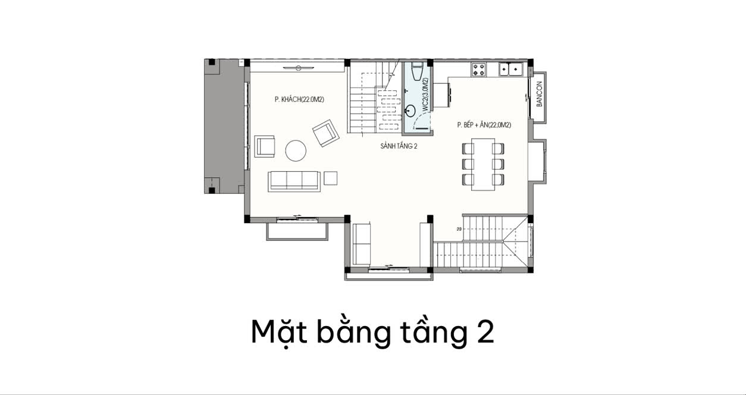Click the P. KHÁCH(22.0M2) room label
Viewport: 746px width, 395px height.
(299, 99)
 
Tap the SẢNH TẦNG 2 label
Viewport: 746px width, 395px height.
(399, 146)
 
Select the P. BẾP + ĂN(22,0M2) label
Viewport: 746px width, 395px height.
(484, 125)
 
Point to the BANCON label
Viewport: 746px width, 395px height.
(539, 94)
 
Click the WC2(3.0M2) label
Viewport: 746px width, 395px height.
(425, 94)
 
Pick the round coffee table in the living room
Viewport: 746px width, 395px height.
(296, 151)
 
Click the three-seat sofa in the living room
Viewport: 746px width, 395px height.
(294, 181)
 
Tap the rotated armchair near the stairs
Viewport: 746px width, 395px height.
(326, 133)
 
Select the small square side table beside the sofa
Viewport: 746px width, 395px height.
(330, 178)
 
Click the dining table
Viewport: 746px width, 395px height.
(483, 164)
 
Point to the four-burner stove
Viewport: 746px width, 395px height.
(478, 69)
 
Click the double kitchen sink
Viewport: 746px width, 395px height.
(510, 69)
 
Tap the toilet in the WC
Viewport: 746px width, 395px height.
(417, 71)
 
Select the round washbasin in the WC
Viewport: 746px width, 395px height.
(410, 111)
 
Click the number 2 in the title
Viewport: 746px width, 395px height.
(485, 332)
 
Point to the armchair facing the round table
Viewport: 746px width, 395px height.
(265, 146)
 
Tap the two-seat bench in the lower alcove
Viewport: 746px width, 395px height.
(362, 244)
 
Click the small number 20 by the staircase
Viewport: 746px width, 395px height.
(459, 229)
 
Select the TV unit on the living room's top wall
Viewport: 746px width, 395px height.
(299, 68)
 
